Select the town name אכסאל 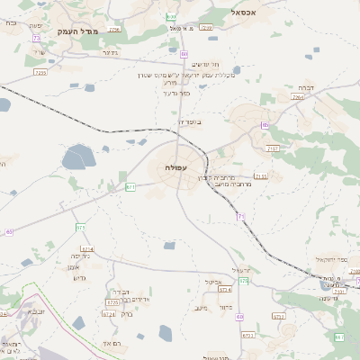(x=243, y=13)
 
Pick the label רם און (x=113, y=344)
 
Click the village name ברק (x=126, y=314)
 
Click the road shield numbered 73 (x=36, y=39)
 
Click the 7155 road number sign (x=260, y=176)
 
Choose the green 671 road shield (x=130, y=186)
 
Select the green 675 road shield (x=80, y=226)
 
